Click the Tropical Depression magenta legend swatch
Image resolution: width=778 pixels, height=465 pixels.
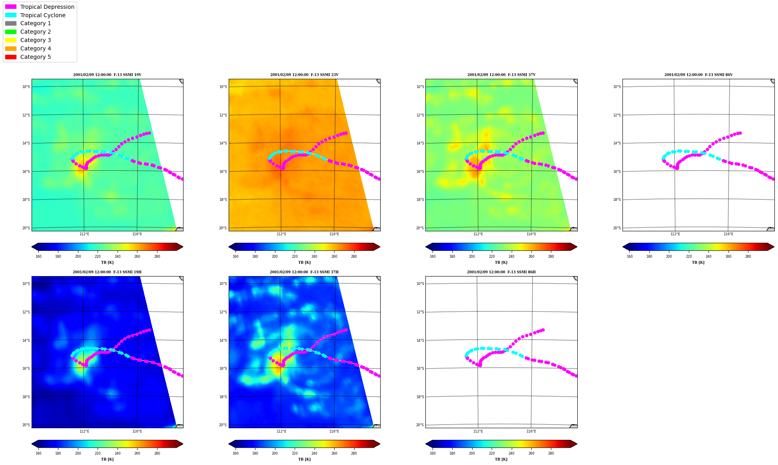click(11, 7)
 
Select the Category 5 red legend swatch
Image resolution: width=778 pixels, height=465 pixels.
click(11, 57)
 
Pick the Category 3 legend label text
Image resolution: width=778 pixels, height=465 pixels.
click(36, 40)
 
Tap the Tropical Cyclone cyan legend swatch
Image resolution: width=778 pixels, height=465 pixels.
click(11, 15)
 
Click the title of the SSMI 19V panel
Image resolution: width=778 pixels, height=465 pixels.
click(107, 75)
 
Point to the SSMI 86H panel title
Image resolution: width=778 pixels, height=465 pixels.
click(501, 272)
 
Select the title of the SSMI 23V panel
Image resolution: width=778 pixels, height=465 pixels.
click(304, 75)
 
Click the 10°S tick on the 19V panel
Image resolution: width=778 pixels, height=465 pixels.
click(26, 87)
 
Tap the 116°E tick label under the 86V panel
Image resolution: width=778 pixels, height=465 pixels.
click(728, 234)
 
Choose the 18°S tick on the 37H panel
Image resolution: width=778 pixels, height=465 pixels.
click(223, 397)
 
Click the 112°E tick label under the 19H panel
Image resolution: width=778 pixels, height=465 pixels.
click(84, 431)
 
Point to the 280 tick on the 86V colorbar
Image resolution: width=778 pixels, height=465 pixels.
click(748, 257)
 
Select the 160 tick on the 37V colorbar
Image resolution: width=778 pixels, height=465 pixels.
click(433, 257)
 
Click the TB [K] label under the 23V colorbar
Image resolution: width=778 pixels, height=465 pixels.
click(304, 263)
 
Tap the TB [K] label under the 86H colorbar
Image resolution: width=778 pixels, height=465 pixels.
click(501, 459)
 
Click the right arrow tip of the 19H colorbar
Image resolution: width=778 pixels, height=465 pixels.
click(183, 444)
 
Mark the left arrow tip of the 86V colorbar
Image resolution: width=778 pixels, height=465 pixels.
click(623, 247)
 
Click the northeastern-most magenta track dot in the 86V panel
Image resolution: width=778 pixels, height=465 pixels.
click(740, 133)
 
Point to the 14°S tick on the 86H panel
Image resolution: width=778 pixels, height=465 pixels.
click(420, 341)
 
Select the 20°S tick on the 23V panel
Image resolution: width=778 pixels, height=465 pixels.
click(223, 228)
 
